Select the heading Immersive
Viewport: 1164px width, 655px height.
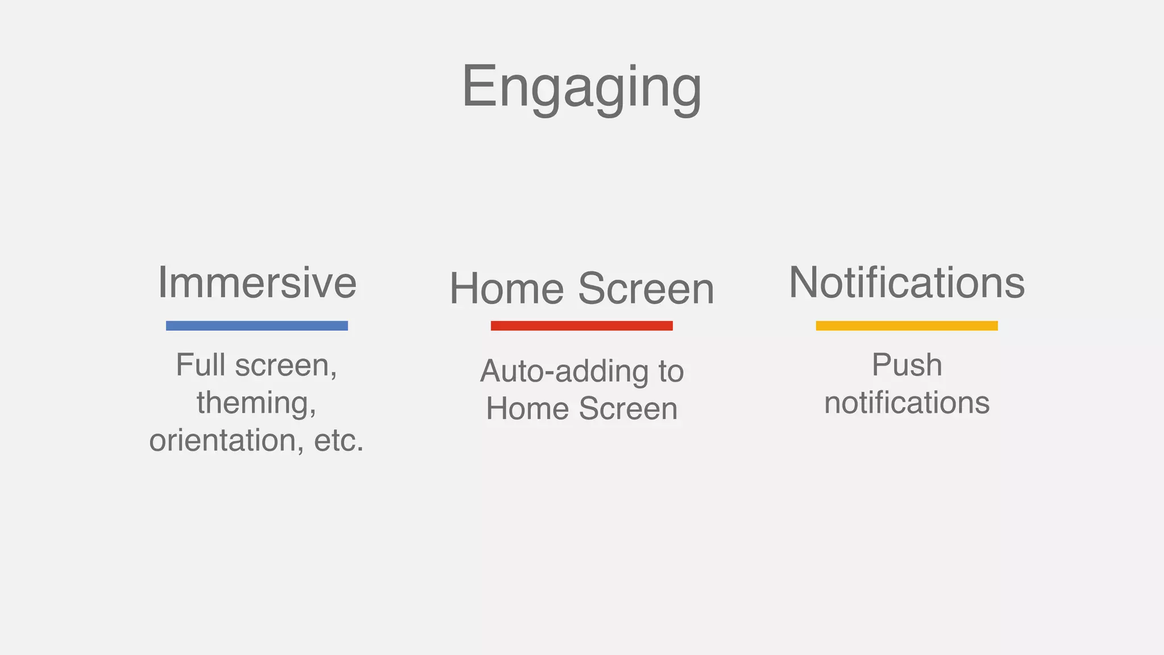pyautogui.click(x=257, y=283)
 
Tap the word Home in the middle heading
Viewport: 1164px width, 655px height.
pyautogui.click(x=506, y=289)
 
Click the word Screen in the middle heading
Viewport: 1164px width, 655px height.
pyautogui.click(x=646, y=289)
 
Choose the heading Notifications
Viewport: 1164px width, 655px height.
pyautogui.click(x=907, y=283)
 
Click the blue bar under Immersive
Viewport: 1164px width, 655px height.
pyautogui.click(x=257, y=326)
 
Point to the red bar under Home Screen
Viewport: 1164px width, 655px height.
pyautogui.click(x=581, y=326)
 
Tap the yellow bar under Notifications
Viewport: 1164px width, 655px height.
pyautogui.click(x=907, y=326)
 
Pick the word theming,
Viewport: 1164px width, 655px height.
pyautogui.click(x=257, y=404)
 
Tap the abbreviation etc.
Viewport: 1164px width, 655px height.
pyautogui.click(x=339, y=441)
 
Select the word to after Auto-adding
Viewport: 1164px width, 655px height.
pyautogui.click(x=671, y=372)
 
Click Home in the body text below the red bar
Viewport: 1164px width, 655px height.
pyautogui.click(x=527, y=409)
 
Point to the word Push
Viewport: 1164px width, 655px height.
pyautogui.click(x=907, y=365)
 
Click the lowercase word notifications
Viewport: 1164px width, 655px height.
pyautogui.click(x=907, y=403)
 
